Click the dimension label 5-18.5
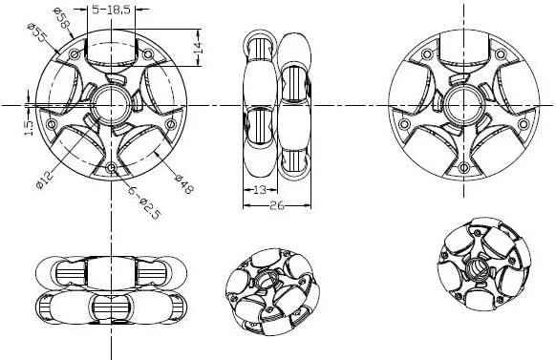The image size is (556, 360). pos(111,10)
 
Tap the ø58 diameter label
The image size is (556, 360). pos(62,18)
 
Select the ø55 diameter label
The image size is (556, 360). pos(37,32)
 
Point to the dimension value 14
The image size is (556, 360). pos(198,47)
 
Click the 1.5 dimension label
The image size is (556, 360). pos(29,129)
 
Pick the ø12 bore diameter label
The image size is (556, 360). pos(45,180)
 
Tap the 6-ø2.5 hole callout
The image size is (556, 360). pos(144,202)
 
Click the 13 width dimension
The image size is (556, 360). pos(260,190)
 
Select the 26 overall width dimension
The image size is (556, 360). pos(277,205)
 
